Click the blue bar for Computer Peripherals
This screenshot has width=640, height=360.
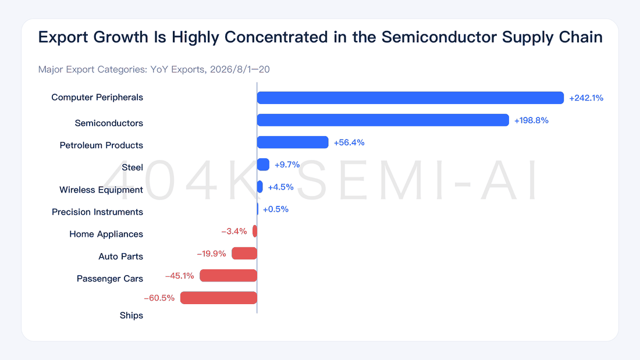tap(410, 98)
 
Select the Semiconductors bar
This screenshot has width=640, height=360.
tap(383, 120)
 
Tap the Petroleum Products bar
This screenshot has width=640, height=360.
tap(293, 142)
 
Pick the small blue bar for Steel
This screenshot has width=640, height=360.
tap(263, 165)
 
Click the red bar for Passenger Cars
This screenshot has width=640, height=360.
tap(228, 276)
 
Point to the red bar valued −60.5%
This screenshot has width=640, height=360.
tap(219, 298)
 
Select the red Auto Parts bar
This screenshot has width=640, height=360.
tap(244, 254)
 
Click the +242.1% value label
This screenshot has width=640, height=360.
tap(586, 98)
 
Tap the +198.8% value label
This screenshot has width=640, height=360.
tap(531, 120)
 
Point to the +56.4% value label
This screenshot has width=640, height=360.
tap(349, 142)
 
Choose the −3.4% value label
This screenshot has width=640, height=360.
tap(234, 231)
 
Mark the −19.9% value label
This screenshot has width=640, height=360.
tap(211, 254)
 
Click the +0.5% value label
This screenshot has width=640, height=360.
tap(276, 209)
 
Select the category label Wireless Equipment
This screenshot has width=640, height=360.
tap(101, 190)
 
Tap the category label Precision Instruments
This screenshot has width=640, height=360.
tap(98, 212)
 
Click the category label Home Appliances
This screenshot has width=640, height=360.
tap(106, 234)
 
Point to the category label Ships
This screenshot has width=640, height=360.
tap(131, 316)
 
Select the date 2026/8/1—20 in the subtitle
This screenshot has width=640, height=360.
tap(240, 69)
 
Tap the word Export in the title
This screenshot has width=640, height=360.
tap(63, 37)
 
